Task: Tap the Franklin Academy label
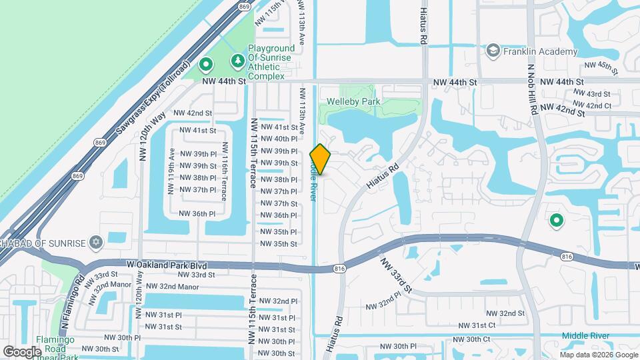(x=541, y=52)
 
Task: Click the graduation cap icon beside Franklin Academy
(x=493, y=51)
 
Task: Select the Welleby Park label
(x=353, y=101)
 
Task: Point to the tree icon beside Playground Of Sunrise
(x=237, y=62)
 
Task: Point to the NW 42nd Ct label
(x=595, y=106)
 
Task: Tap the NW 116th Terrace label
(x=225, y=171)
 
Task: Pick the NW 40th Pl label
(x=279, y=139)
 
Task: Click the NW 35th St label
(x=279, y=243)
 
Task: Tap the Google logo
(x=22, y=351)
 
